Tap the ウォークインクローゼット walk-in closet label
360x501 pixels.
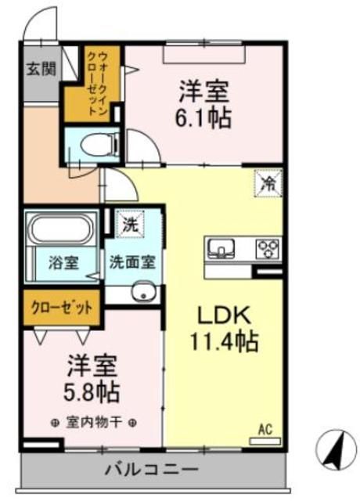click(92, 82)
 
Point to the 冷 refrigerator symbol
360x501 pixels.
click(268, 184)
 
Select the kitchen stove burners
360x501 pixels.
click(268, 249)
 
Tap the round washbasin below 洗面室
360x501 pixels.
click(141, 294)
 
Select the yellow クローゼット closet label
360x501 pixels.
click(62, 306)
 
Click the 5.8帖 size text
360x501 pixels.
click(91, 391)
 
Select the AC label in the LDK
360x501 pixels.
click(265, 430)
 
